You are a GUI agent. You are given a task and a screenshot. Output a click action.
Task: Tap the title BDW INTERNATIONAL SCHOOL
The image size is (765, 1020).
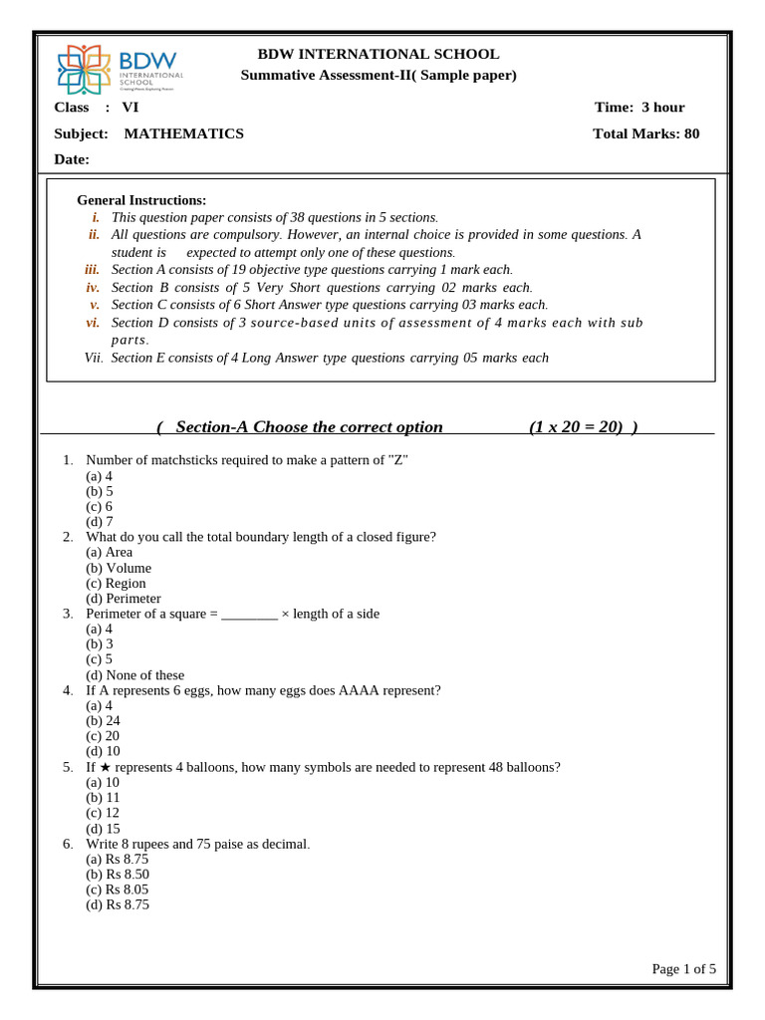(x=379, y=54)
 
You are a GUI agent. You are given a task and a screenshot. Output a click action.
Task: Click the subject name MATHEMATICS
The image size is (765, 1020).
(x=183, y=133)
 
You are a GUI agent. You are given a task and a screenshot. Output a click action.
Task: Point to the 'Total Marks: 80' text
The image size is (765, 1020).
(x=645, y=133)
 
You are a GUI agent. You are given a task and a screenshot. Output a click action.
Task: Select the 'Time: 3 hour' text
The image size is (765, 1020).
(x=639, y=108)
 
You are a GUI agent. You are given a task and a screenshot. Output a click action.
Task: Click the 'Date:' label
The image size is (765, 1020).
(x=72, y=159)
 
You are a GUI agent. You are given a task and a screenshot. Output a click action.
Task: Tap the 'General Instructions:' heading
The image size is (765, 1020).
(x=141, y=200)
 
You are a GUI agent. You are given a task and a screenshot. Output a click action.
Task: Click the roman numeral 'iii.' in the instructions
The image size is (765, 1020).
(x=92, y=269)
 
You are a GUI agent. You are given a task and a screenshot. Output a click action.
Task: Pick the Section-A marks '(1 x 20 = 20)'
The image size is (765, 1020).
(x=584, y=427)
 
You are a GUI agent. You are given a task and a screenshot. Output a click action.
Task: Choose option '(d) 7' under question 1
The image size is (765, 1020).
(x=100, y=521)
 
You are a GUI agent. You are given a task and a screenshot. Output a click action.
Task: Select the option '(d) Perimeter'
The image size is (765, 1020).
(x=124, y=599)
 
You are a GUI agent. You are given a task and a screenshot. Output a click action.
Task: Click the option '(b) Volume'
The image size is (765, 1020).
(x=119, y=568)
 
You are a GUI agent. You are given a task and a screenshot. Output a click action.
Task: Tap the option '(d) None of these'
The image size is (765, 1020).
(x=135, y=674)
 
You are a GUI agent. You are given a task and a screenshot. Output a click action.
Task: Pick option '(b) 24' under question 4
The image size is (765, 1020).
(x=103, y=720)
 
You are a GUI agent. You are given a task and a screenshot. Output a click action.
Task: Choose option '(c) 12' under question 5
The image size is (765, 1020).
(x=103, y=813)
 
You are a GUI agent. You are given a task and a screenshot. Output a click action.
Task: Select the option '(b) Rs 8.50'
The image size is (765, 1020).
(x=118, y=874)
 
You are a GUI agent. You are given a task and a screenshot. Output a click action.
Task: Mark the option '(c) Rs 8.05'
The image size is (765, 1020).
(x=118, y=890)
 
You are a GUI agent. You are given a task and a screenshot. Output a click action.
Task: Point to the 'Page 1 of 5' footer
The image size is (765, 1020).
(x=683, y=968)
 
